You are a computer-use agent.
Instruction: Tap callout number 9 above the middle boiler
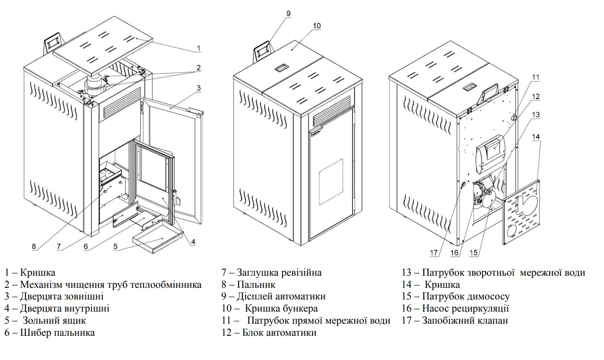[288, 13]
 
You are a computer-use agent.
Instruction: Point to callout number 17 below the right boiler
[434, 253]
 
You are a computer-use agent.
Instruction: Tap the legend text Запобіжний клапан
[465, 321]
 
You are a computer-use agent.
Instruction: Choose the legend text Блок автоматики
[279, 333]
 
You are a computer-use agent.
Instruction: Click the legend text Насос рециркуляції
[465, 308]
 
